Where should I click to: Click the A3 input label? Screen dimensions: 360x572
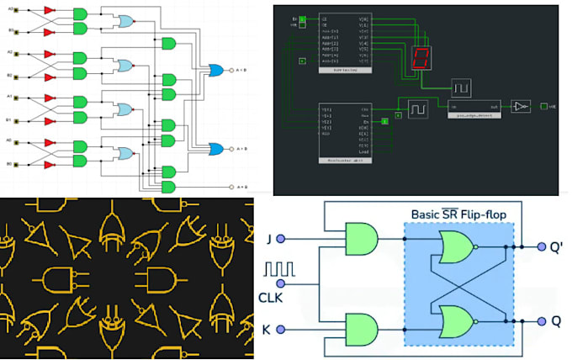click(x=10, y=10)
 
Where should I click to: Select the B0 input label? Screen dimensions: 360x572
click(x=10, y=164)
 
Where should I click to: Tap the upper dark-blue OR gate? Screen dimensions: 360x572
click(x=216, y=70)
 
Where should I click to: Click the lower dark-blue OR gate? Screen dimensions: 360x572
click(x=216, y=148)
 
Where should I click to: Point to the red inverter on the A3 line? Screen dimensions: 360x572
click(x=49, y=10)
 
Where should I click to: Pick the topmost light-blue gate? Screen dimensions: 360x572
click(x=125, y=21)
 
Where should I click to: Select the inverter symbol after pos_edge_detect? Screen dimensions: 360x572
click(x=522, y=106)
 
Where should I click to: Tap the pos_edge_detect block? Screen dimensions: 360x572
click(x=473, y=108)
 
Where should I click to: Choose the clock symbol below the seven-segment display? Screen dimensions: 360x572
click(x=460, y=87)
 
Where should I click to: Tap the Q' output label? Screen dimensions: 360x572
click(x=556, y=247)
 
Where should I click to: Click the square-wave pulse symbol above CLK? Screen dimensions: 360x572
click(x=278, y=270)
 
